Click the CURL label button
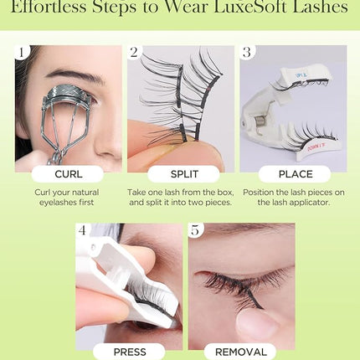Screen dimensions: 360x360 [x=68, y=174]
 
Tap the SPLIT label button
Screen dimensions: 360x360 [x=180, y=174]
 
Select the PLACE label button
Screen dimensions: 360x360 [x=292, y=174]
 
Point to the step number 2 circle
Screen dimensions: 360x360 [x=135, y=53]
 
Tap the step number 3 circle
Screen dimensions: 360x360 [x=247, y=53]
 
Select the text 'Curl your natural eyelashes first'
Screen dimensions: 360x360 [x=68, y=197]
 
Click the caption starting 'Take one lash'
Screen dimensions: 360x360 [x=180, y=197]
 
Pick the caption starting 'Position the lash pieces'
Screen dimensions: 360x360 [x=292, y=197]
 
